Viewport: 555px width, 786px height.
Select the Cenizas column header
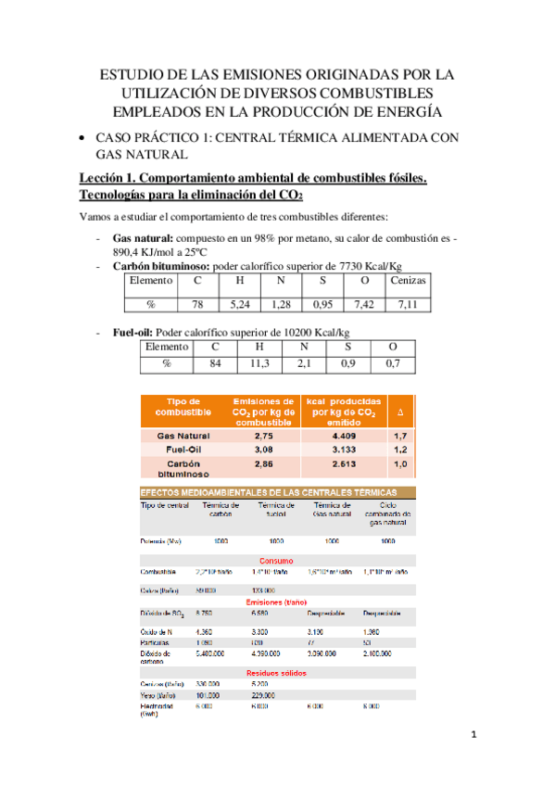point(408,281)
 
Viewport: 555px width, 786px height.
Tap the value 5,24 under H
point(240,303)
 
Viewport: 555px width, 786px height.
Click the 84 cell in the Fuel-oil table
point(215,364)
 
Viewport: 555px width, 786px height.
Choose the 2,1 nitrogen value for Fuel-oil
point(304,364)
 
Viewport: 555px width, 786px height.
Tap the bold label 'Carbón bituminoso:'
point(160,265)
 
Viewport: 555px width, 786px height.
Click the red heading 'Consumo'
point(277,561)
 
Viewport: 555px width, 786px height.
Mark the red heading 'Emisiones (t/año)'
point(277,602)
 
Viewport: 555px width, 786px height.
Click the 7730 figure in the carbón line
point(354,265)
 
